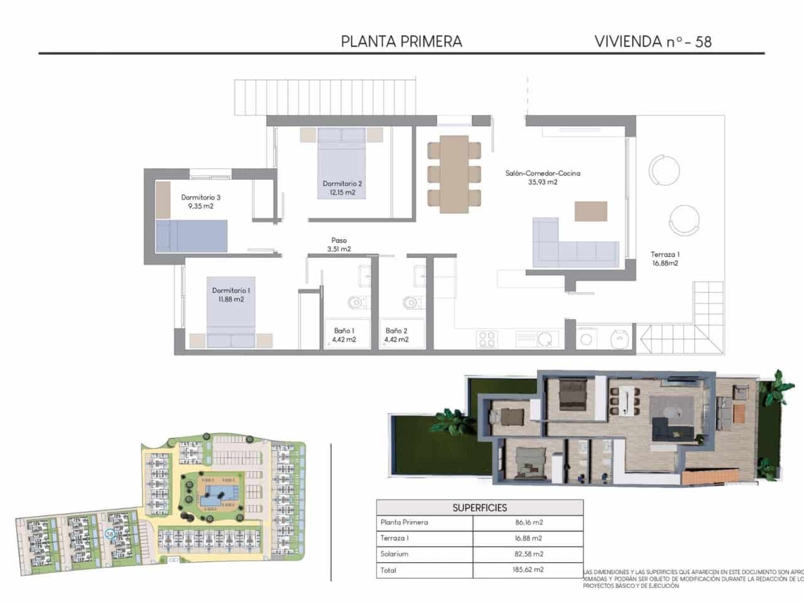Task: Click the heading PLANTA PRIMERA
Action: [401, 41]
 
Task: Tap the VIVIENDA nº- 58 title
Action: [653, 41]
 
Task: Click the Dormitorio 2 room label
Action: [342, 188]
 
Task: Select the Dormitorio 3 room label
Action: [200, 201]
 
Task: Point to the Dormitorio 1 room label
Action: [231, 295]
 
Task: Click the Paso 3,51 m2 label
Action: [339, 244]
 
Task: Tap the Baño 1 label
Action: [344, 335]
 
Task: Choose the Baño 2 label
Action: [396, 335]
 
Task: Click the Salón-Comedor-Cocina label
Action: [543, 177]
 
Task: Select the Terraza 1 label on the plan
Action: [665, 259]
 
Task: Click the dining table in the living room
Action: [454, 173]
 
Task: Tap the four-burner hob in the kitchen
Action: [487, 339]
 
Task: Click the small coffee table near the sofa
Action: [591, 210]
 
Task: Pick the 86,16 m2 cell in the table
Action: [528, 522]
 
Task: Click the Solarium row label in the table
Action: [394, 554]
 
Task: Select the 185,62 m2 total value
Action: [528, 570]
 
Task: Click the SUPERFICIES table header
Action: [479, 508]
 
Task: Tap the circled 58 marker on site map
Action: [110, 534]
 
